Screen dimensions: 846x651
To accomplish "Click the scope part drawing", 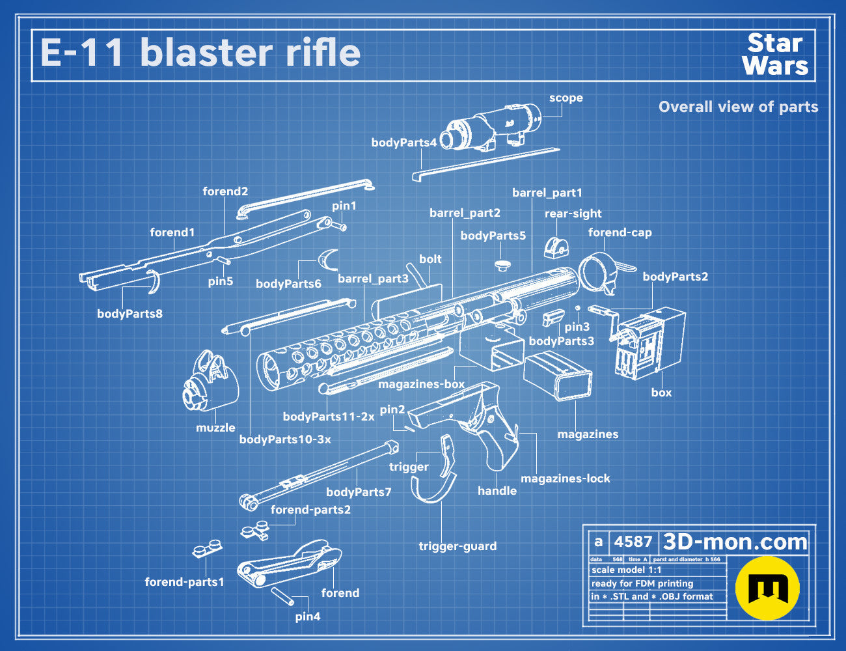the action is pos(491,126).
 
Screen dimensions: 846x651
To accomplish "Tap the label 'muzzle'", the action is pos(215,428).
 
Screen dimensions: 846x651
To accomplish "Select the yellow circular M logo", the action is pos(767,589).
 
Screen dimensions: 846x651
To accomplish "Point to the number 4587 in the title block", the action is pos(633,542).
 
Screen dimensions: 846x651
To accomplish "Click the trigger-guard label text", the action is pos(457,546).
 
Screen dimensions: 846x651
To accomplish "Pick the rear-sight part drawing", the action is pos(556,247).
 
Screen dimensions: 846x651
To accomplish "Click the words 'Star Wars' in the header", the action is pos(775,55).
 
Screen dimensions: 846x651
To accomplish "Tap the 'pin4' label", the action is pos(308,616).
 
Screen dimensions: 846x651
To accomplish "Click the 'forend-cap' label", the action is pos(620,232).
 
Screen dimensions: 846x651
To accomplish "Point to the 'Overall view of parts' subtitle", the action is pos(738,107).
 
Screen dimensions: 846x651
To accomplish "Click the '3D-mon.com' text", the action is pos(735,542).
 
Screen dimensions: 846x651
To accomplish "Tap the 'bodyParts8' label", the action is pos(130,314).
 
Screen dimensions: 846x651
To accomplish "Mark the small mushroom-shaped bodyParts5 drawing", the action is pos(502,266).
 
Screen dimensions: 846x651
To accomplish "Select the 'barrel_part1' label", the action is pos(547,193).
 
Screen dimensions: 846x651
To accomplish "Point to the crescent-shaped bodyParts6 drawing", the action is pos(328,260).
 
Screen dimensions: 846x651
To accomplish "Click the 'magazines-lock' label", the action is pos(566,478).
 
